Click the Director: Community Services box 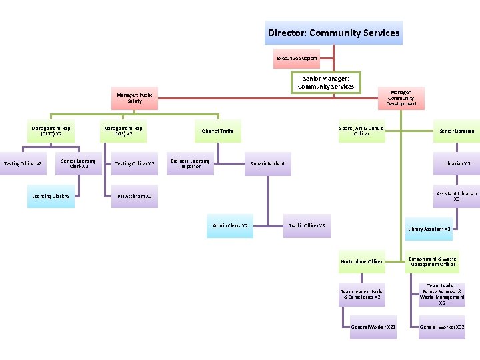point(333,33)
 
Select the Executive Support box point(297,58)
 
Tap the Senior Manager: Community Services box point(326,83)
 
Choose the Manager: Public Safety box point(135,98)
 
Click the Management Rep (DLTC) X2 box point(51,131)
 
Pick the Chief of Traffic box point(217,131)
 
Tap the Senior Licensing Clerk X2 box point(79,163)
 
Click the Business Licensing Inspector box point(190,163)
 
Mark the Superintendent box point(267,163)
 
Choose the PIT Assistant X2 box point(135,196)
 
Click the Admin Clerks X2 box point(230,225)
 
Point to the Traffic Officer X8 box point(307,225)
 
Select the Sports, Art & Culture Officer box point(361,131)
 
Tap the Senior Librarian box point(457,131)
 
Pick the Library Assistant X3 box point(429,229)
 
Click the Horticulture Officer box point(361,261)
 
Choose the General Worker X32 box point(442,327)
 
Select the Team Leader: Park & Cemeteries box point(361,294)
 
